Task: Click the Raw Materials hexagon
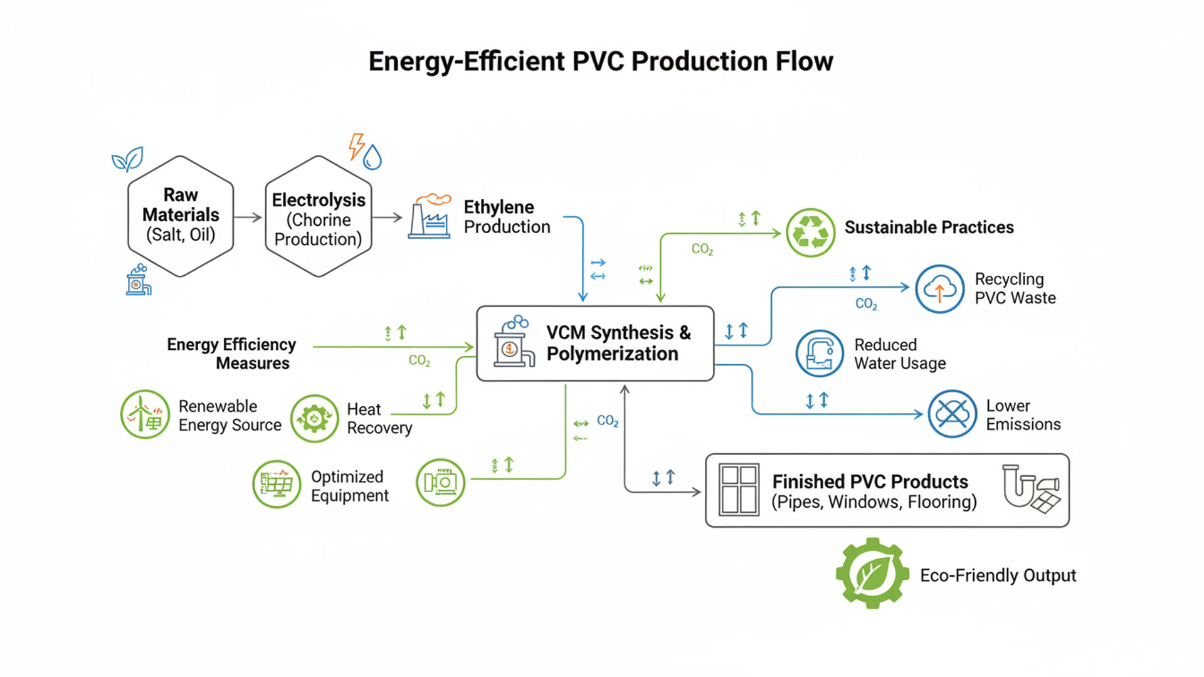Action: click(x=181, y=216)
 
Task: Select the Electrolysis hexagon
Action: click(x=319, y=216)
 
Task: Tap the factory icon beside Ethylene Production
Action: click(x=430, y=216)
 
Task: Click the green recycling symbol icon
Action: click(x=811, y=233)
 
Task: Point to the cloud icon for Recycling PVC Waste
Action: click(x=939, y=289)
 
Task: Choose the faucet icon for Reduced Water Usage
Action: click(x=820, y=354)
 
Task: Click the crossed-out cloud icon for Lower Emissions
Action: click(x=952, y=414)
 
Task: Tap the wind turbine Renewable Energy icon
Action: click(x=145, y=414)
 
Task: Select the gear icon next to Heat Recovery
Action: click(x=314, y=418)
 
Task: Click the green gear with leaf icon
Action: click(x=872, y=573)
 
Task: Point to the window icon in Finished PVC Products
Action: click(x=739, y=490)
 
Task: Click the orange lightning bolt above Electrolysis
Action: click(x=356, y=146)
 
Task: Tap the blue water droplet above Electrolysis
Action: click(x=372, y=157)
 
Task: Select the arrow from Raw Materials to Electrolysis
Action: click(x=248, y=217)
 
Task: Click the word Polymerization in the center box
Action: click(x=612, y=354)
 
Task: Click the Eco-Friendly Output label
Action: click(x=998, y=575)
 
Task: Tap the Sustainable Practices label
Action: click(x=929, y=227)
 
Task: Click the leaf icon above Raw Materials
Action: click(x=127, y=160)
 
